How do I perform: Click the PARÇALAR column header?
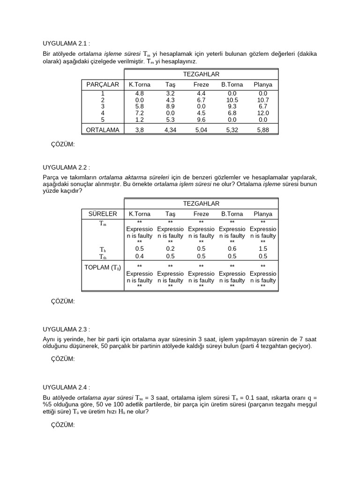coord(103,85)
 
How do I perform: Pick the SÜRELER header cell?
coord(103,214)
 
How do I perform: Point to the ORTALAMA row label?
coord(103,130)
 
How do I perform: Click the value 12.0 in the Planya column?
coord(263,113)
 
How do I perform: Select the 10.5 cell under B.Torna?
coord(232,100)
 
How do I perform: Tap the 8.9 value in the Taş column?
coord(170,106)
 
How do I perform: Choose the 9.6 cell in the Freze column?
coord(202,120)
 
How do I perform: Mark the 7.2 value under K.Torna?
coord(140,113)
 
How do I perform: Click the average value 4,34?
coord(171,130)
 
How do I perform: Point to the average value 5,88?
coord(263,130)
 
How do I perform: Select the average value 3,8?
coord(140,130)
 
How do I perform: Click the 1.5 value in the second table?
coord(263,249)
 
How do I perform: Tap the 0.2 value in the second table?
coord(170,249)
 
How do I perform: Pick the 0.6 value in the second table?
coord(232,249)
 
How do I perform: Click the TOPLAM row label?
coord(103,268)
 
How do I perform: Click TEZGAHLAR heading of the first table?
coord(201,74)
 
